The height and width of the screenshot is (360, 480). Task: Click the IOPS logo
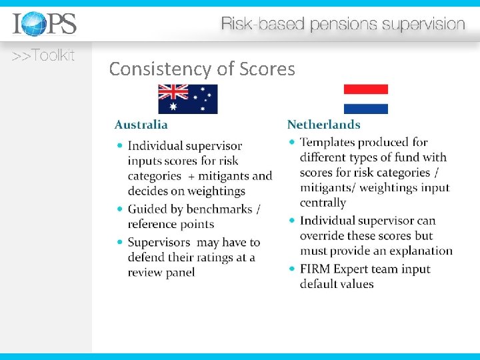click(45, 24)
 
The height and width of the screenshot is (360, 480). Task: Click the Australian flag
click(188, 99)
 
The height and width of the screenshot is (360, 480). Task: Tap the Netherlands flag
click(365, 99)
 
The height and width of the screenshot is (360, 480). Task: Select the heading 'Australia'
click(141, 125)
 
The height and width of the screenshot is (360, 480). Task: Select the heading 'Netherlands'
click(323, 125)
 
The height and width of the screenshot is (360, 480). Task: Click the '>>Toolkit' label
click(43, 56)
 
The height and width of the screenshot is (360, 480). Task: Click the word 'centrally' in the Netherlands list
click(323, 203)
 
